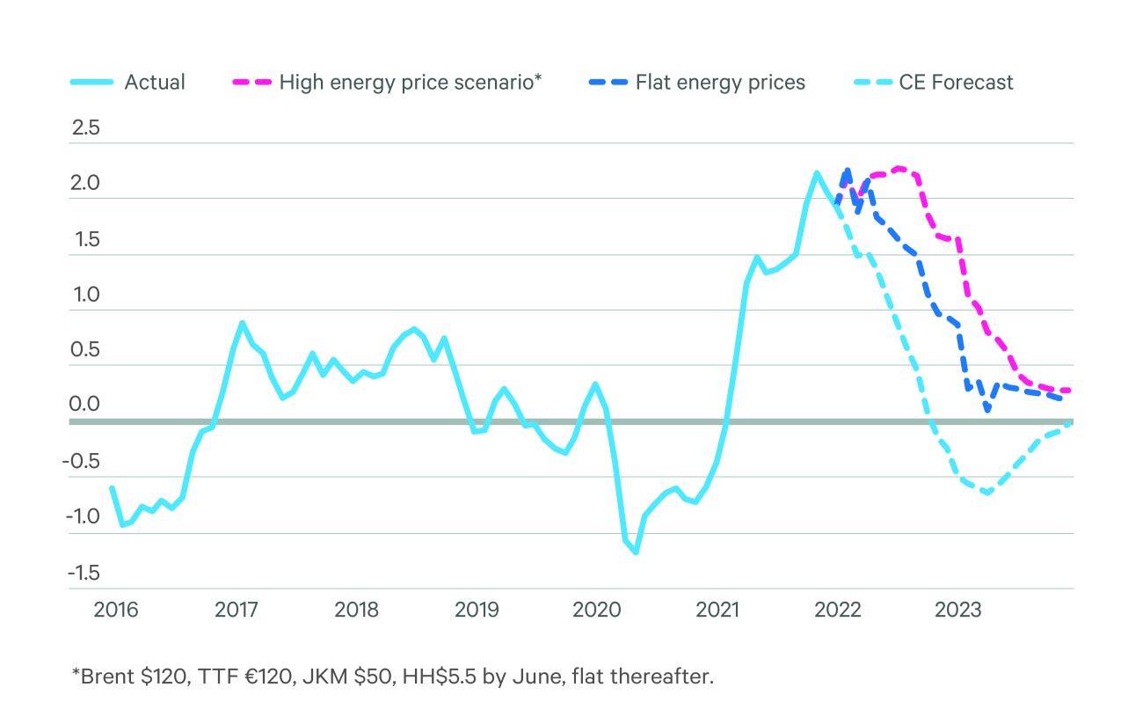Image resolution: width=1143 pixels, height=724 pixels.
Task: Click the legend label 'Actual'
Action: click(155, 83)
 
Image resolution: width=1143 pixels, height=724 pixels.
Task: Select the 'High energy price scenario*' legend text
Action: click(410, 83)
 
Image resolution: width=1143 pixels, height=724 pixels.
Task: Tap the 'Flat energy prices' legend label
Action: click(720, 83)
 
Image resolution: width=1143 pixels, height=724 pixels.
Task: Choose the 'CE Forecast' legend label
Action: click(956, 83)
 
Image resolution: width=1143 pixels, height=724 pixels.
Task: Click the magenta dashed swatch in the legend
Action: click(251, 83)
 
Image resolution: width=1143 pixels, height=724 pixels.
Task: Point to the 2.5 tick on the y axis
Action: click(86, 128)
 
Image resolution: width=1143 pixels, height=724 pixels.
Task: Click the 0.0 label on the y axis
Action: click(86, 406)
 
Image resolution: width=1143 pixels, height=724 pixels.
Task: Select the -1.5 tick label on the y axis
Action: click(84, 573)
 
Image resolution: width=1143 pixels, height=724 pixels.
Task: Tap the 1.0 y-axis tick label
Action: click(86, 295)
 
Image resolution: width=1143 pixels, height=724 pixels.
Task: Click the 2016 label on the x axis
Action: click(116, 610)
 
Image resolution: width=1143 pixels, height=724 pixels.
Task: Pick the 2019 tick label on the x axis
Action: click(477, 610)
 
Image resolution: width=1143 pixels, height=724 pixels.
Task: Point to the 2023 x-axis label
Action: click(957, 610)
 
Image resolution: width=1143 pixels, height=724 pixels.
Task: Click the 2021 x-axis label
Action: click(717, 610)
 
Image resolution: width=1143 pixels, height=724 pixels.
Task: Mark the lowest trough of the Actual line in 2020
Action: click(635, 552)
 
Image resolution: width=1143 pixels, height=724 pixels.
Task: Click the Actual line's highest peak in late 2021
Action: click(816, 172)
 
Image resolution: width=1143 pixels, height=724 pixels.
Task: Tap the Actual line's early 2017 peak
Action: click(242, 323)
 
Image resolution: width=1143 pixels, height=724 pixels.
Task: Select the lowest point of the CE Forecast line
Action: click(987, 493)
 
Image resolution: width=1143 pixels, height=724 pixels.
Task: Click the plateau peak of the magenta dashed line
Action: click(899, 167)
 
